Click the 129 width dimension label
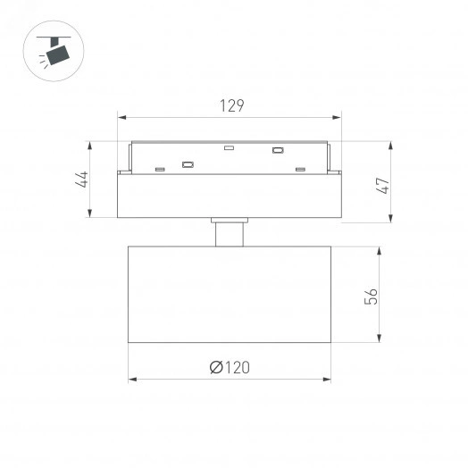[x=231, y=105]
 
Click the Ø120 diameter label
[x=230, y=367]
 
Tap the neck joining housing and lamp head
[x=230, y=233]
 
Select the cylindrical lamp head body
[x=230, y=294]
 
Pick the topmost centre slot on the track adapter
[x=229, y=147]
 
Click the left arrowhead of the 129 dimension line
[x=121, y=116]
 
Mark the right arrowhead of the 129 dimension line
[x=339, y=116]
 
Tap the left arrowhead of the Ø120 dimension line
[x=132, y=380]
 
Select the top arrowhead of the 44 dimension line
[x=91, y=144]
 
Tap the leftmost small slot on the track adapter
[x=159, y=169]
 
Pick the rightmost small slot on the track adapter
[x=301, y=169]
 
